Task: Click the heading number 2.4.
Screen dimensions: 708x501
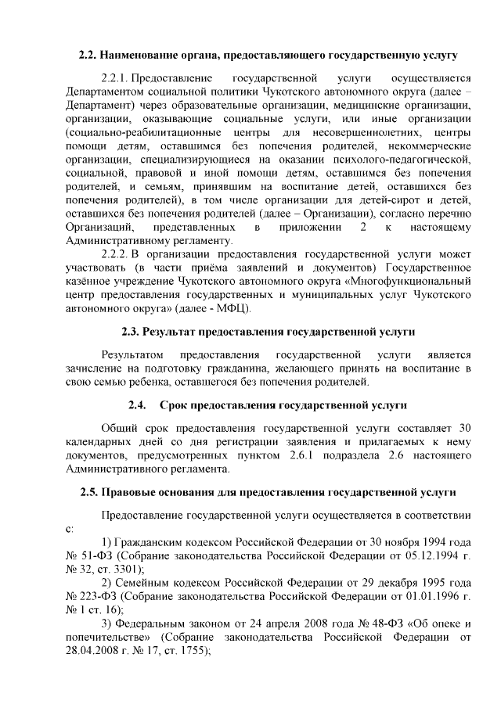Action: pyautogui.click(x=137, y=404)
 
